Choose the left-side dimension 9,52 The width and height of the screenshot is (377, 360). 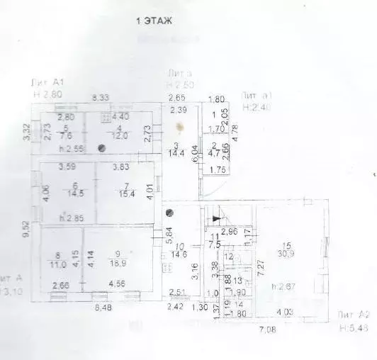pos(25,229)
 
